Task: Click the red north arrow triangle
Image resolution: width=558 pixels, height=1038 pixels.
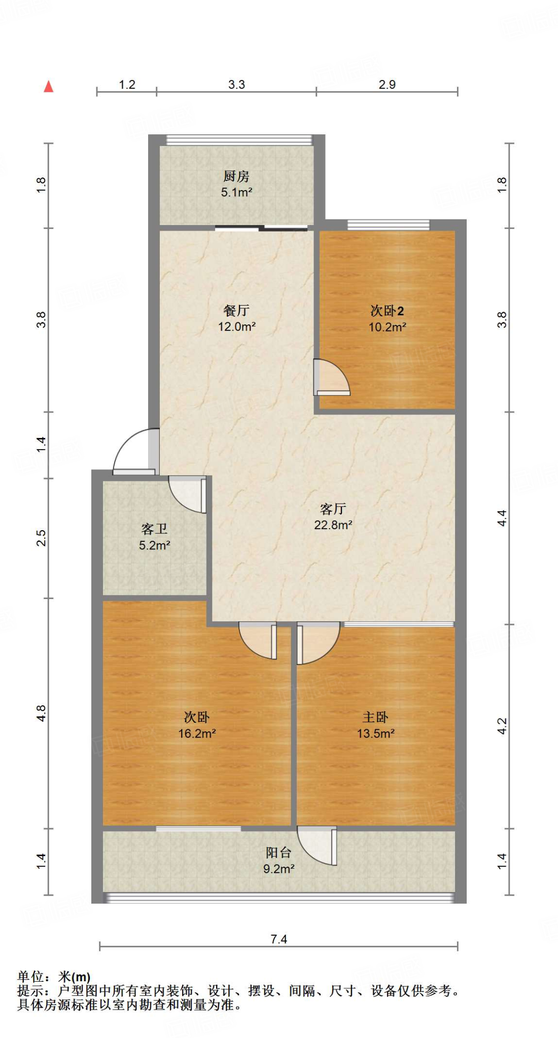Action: coord(49,87)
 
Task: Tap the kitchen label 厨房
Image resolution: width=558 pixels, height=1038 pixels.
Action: coord(236,176)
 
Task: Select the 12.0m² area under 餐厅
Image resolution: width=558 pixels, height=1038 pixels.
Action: coord(236,327)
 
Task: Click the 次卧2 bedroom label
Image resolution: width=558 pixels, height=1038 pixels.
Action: coord(387,311)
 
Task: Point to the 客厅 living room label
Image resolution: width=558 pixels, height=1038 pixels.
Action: coord(333,508)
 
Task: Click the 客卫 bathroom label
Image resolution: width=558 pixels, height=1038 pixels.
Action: coord(154,529)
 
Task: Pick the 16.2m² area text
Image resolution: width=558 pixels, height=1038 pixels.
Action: coord(197,733)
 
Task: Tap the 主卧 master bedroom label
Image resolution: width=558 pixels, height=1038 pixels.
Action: coord(375,717)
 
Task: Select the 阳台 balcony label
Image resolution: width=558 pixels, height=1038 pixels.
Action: coord(278,852)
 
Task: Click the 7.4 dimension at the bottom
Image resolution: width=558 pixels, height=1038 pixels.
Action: coord(278,939)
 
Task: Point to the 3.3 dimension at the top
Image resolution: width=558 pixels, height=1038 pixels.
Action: coord(236,85)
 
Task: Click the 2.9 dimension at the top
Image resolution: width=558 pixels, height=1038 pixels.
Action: coord(387,85)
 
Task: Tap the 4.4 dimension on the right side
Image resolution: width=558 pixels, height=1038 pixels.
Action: coord(502,518)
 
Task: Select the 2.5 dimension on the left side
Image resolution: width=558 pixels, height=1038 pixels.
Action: coord(41,538)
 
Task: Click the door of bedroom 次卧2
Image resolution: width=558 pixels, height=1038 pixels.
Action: coord(331,378)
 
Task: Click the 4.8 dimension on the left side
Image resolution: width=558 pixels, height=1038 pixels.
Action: coord(41,713)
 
